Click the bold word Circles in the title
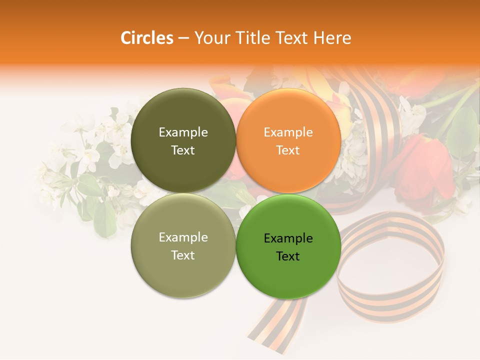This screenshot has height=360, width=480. (x=146, y=38)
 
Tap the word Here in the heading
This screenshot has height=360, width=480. (x=332, y=38)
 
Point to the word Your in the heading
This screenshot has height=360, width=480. (x=210, y=38)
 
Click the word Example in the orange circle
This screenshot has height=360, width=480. (x=288, y=132)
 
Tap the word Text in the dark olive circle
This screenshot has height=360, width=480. (x=183, y=150)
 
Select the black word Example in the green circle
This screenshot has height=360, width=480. (x=288, y=238)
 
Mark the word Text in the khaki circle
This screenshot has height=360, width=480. (x=183, y=255)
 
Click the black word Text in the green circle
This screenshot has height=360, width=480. (x=288, y=256)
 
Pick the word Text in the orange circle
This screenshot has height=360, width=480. (x=288, y=150)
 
